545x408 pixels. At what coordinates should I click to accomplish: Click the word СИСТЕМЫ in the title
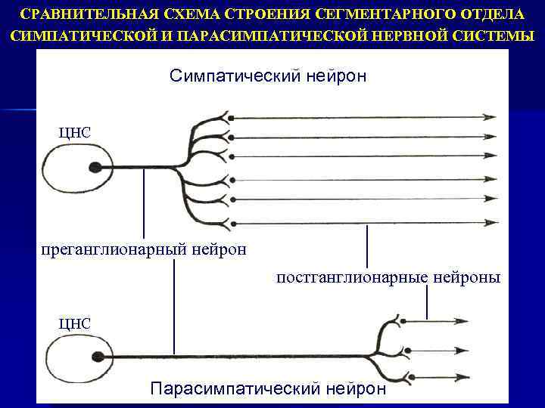(x=495, y=36)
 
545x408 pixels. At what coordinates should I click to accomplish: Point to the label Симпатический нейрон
(x=268, y=76)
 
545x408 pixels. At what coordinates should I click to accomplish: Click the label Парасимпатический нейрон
(x=268, y=388)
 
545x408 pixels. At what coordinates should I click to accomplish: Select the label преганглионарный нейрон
(x=143, y=249)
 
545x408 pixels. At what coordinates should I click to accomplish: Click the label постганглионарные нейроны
(x=388, y=278)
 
